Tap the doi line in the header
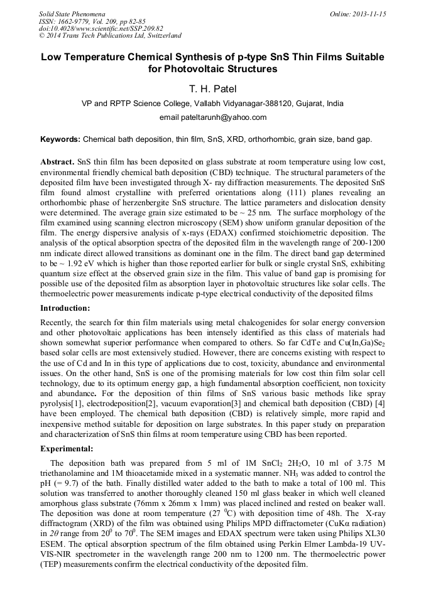tap(101, 29)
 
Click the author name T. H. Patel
tap(213, 89)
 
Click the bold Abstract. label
tap(58, 162)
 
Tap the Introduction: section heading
tap(65, 308)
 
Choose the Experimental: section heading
tap(67, 449)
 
